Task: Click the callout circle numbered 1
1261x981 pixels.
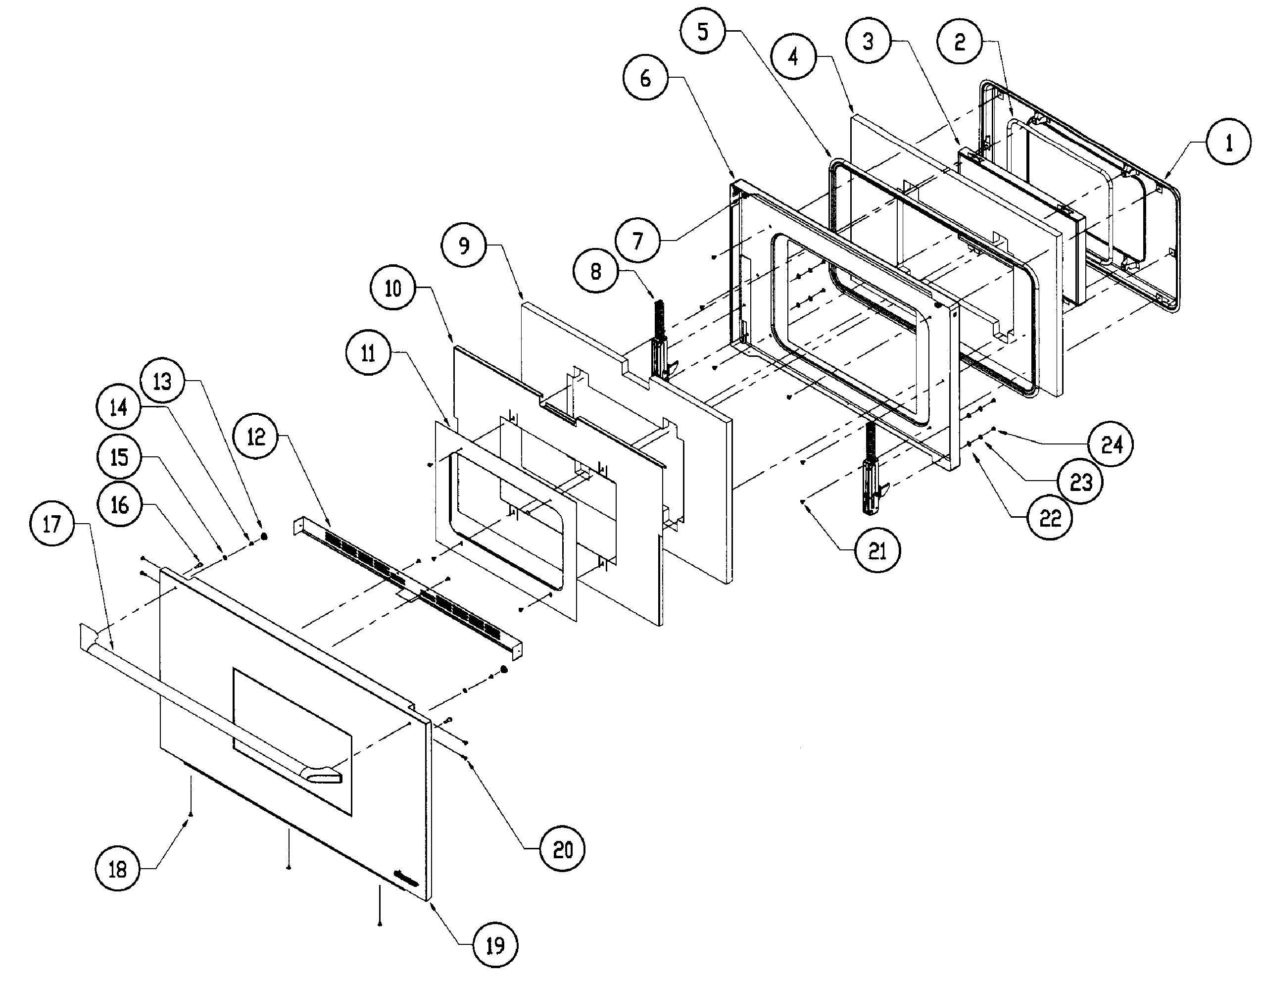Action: [1229, 143]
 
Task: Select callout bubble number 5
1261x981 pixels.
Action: [702, 32]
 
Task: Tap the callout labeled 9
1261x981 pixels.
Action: [464, 245]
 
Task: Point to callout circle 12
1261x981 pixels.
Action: [256, 437]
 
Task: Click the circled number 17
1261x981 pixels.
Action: [51, 524]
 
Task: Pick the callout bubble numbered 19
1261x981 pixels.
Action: [495, 945]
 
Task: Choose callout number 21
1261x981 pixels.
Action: [877, 551]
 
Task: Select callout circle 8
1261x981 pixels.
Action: [596, 271]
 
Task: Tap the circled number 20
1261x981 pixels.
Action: [562, 849]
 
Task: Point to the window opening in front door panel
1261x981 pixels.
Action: [291, 742]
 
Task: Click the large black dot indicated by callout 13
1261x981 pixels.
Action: [264, 537]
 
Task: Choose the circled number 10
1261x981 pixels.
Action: [392, 288]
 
